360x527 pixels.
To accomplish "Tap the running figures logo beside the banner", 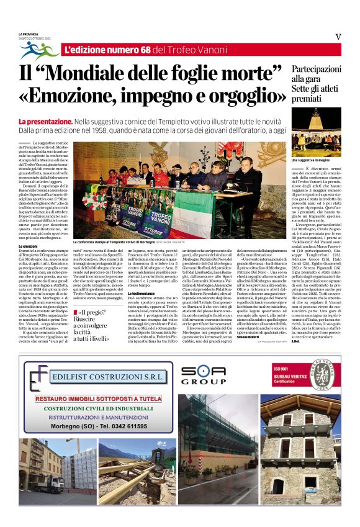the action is (x=39, y=50).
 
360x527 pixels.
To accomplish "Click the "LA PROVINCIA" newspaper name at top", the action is (x=29, y=34).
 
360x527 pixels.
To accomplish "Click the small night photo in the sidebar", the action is (x=316, y=133).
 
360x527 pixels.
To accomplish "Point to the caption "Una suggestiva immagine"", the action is (x=307, y=160).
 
